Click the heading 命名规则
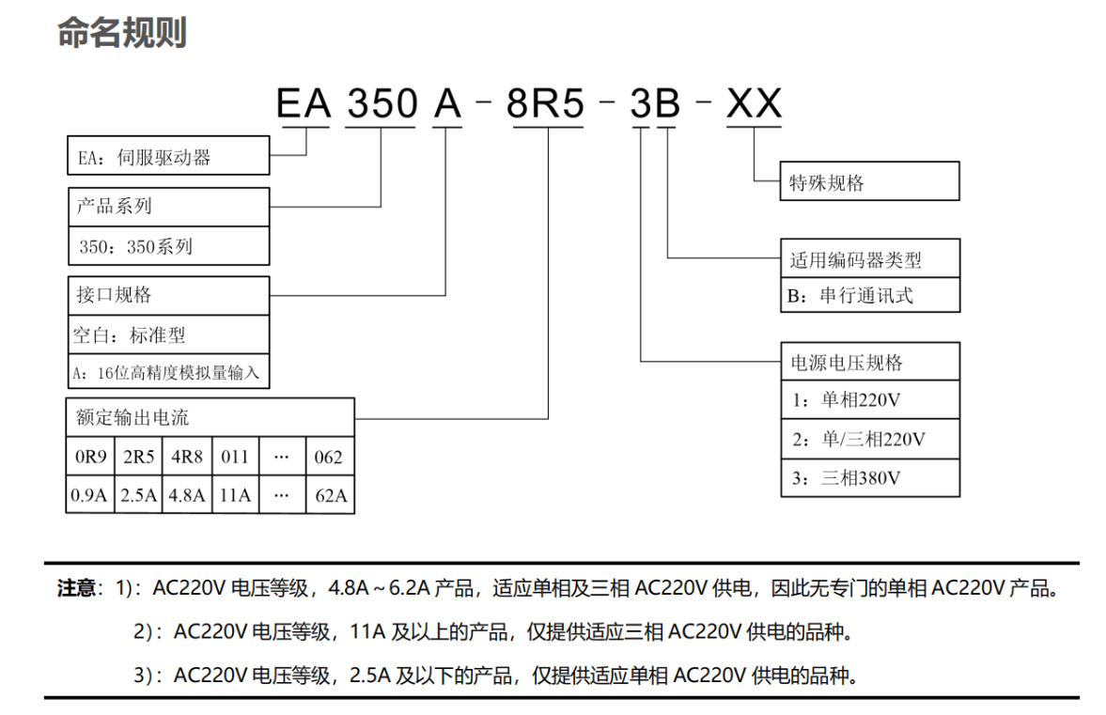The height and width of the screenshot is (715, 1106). coord(122,33)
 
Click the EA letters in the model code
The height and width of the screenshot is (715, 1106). coord(304,103)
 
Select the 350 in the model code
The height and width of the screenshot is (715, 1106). coord(382,103)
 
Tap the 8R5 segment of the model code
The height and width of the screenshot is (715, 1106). coord(545,103)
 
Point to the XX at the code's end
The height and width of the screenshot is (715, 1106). coord(754,103)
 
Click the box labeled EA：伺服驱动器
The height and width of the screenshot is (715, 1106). coord(168,155)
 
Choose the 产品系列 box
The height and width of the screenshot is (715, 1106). coord(168,207)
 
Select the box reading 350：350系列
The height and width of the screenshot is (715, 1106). coord(168,245)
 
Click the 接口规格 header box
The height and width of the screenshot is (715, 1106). coord(168,295)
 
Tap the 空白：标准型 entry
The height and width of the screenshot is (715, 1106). coord(168,334)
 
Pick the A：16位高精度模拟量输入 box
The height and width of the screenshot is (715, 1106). coord(168,371)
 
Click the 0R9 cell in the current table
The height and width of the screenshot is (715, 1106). coord(90,457)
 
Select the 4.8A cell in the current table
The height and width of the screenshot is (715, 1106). coord(187,494)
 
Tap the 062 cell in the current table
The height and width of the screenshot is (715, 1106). coord(330,457)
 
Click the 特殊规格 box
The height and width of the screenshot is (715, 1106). coord(870,181)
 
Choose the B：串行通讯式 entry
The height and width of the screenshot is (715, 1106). coord(870,295)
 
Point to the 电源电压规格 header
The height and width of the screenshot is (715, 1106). coord(870,362)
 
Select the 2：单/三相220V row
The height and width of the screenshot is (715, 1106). coord(870,439)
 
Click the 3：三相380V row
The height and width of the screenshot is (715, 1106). coord(870,478)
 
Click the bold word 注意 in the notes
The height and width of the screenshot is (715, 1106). coord(76,588)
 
